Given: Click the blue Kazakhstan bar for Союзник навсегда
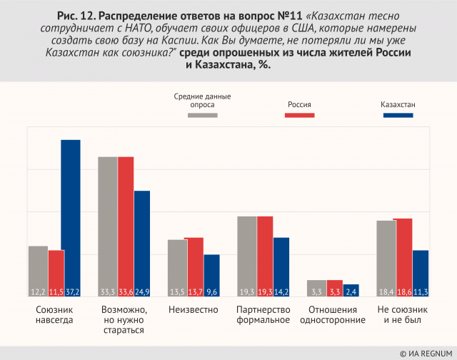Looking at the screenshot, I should [71, 218].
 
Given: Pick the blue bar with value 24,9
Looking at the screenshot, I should [142, 244].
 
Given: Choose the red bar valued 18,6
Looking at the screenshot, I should [403, 257].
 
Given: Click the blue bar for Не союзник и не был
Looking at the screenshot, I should [421, 274].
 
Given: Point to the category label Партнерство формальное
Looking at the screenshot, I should [263, 315].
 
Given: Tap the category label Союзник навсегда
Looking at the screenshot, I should [54, 315].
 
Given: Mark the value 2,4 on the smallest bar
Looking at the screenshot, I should [351, 291].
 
